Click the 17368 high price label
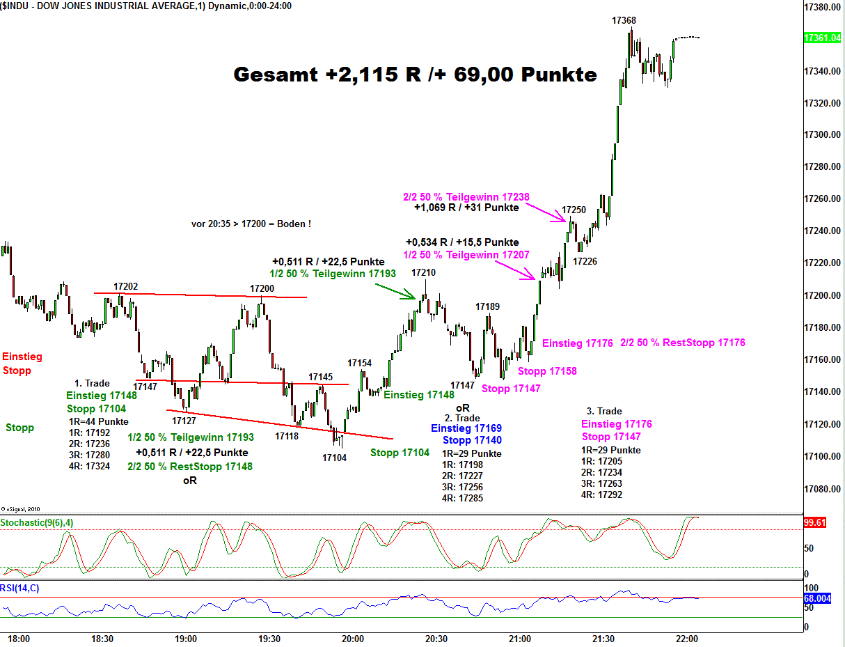click(x=624, y=21)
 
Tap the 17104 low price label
click(x=334, y=458)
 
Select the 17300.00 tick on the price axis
click(x=820, y=135)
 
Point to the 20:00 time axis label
click(x=353, y=639)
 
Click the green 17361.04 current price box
click(x=821, y=38)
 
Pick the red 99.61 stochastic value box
click(x=814, y=522)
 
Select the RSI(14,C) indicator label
click(x=20, y=588)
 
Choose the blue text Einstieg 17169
click(x=466, y=428)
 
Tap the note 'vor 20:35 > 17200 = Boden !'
click(x=251, y=224)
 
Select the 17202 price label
click(x=125, y=286)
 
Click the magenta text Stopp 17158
click(x=547, y=371)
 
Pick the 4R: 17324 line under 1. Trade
click(x=89, y=466)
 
